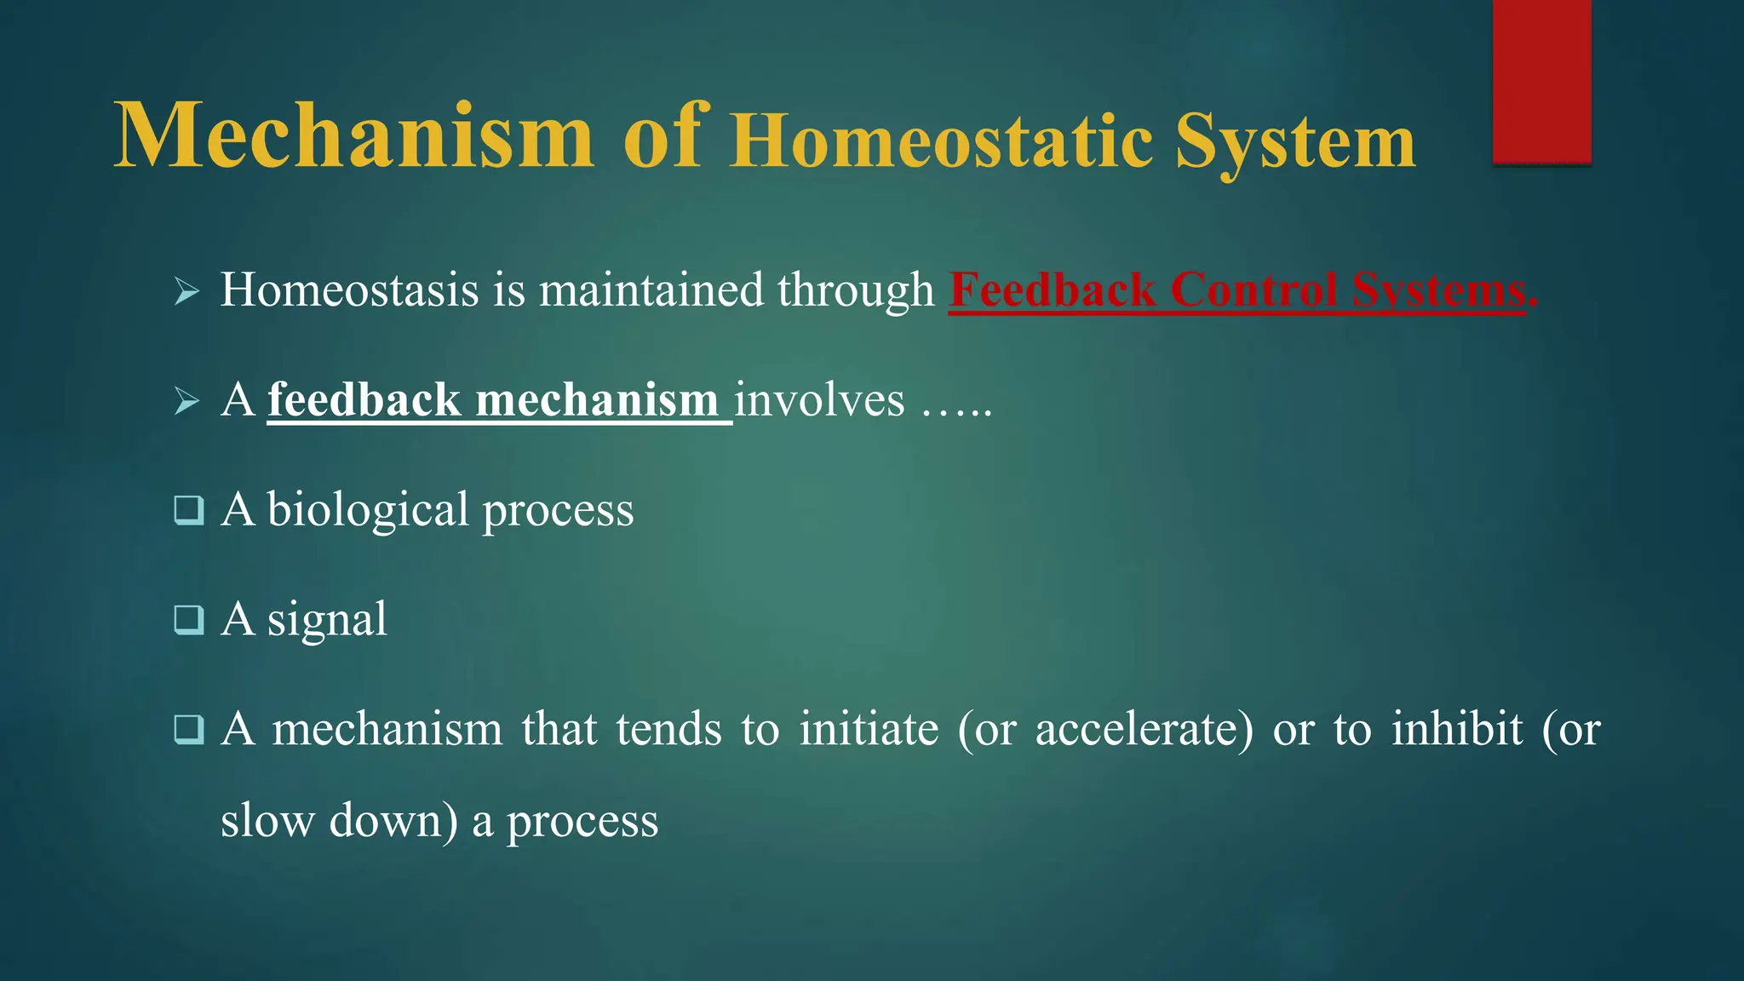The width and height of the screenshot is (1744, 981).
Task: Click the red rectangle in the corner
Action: click(1541, 81)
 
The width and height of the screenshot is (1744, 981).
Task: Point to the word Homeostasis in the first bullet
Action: click(349, 290)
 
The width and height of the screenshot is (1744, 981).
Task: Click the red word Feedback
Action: click(1052, 290)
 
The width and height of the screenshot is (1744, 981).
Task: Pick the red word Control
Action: click(1253, 290)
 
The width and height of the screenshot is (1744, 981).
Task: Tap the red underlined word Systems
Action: click(1439, 290)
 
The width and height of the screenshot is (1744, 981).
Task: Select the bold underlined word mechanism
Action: click(596, 400)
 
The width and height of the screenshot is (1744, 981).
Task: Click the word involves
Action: click(819, 400)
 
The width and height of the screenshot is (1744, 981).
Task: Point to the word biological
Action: click(368, 510)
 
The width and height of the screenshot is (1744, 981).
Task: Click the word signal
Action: click(327, 620)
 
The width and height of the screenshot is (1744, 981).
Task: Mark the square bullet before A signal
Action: click(188, 620)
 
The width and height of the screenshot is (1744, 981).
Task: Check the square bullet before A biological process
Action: click(188, 510)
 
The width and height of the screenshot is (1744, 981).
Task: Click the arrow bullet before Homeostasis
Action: click(186, 292)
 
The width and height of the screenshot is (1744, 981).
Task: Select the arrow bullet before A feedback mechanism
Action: click(186, 401)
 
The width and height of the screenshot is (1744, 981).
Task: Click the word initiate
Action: click(869, 730)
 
